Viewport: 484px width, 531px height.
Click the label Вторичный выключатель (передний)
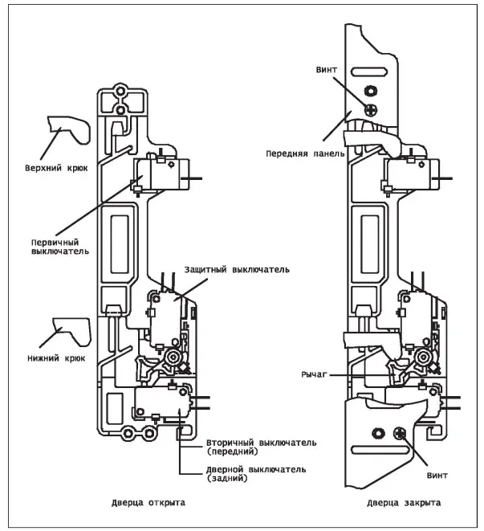click(x=250, y=447)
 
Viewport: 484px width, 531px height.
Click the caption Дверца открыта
click(x=149, y=502)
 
